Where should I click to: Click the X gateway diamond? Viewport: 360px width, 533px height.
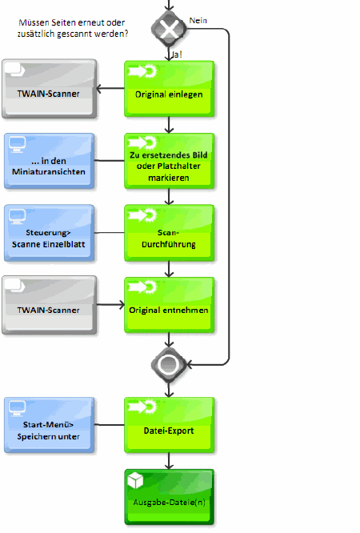point(169,30)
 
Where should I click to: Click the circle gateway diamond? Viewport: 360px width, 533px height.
point(169,365)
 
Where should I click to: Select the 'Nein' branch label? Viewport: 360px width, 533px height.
point(198,21)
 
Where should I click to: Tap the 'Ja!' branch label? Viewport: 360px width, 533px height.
point(177,54)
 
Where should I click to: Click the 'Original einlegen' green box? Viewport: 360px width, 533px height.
point(169,89)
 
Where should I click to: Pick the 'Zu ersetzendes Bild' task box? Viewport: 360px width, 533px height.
point(169,161)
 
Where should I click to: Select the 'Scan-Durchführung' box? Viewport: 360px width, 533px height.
point(169,233)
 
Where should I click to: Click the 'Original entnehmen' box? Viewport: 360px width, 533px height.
point(169,305)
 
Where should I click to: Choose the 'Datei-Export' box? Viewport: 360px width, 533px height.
point(169,425)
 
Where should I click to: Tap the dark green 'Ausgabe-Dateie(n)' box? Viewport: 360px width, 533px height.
point(169,497)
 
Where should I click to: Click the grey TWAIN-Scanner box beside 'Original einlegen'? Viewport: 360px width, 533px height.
point(50,89)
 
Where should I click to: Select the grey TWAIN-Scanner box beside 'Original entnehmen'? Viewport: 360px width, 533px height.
point(50,305)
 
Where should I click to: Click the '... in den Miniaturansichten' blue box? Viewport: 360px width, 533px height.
point(50,161)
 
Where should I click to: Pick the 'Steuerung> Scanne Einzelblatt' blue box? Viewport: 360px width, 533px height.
point(50,233)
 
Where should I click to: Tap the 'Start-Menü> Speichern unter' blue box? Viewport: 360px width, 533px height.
point(50,425)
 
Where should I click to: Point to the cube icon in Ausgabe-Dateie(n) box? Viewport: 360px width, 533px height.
point(135,481)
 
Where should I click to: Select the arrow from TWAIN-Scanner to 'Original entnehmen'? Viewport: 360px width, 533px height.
point(110,305)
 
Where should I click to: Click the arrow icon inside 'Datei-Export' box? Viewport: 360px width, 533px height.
point(142,407)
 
